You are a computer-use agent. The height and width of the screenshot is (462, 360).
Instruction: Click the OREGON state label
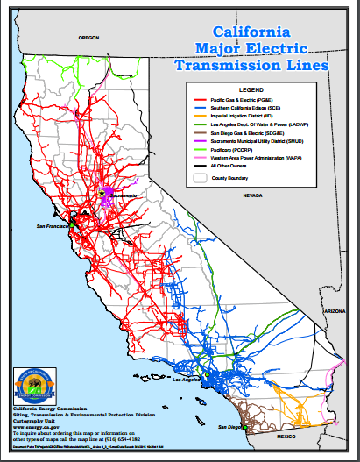(89, 39)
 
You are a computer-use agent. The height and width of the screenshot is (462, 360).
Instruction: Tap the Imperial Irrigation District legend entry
(246, 121)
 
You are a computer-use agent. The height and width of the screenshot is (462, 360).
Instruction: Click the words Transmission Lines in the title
(251, 65)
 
